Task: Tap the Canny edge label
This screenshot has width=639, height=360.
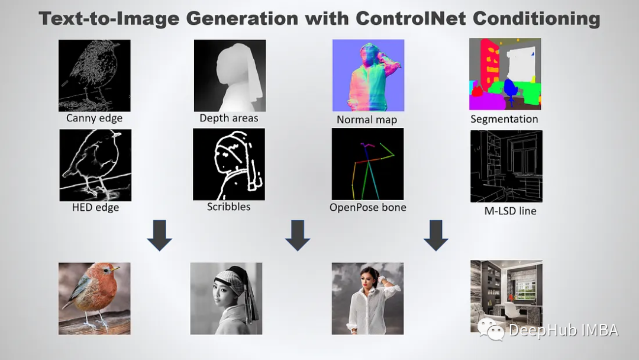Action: point(94,118)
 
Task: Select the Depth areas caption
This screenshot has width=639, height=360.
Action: point(229,118)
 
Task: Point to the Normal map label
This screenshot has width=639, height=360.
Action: point(367,120)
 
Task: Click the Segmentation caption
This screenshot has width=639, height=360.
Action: point(504,119)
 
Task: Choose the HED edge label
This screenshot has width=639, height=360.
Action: point(95,207)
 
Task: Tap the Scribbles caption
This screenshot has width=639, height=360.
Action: point(228,207)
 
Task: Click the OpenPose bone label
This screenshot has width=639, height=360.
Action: point(368,207)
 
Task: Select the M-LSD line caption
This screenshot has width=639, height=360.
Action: point(506,210)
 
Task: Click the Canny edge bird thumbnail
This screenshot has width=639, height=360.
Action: point(94,75)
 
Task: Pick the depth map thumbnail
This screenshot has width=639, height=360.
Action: point(230,75)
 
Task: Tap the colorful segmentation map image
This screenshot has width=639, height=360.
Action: point(505,74)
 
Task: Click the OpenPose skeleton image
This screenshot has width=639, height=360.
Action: point(367,164)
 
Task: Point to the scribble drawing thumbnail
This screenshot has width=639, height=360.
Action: point(229,164)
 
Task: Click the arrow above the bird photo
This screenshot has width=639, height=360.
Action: point(159,235)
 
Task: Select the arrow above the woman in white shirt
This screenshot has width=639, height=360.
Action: point(435,235)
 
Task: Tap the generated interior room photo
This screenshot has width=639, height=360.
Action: point(506,296)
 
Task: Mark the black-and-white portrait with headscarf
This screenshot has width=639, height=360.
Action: point(226,298)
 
